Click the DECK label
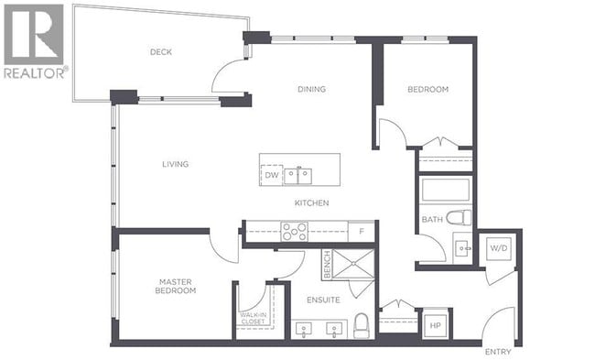click(161, 52)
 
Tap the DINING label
click(311, 89)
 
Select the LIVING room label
click(175, 165)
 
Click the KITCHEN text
click(311, 202)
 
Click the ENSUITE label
click(324, 300)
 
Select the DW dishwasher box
click(271, 175)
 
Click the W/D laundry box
click(499, 247)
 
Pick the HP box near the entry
click(434, 324)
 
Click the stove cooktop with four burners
click(295, 232)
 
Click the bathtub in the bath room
click(445, 190)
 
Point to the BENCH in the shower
click(327, 265)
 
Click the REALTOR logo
click(34, 41)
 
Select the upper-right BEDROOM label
click(427, 89)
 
